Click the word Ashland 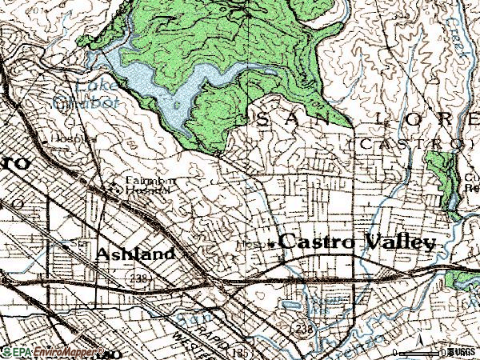click(x=135, y=254)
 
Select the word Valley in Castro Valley click(x=399, y=242)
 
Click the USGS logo click(x=462, y=352)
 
